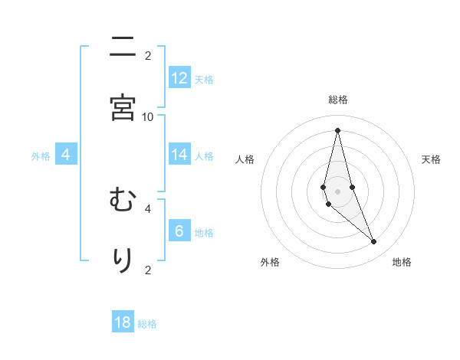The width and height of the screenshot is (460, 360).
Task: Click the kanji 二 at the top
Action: point(123,48)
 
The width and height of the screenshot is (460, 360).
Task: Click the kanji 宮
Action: point(123,108)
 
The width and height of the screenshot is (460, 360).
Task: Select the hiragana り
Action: point(123,260)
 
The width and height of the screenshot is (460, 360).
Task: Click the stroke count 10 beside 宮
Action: point(148,116)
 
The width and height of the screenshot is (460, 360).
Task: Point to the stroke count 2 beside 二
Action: point(148,55)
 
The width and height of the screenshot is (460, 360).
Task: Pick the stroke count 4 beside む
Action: point(148,208)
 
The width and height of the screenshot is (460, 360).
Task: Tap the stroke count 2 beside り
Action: point(148,269)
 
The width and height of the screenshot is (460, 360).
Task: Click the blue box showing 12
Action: point(179,78)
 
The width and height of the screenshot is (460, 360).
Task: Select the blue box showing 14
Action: point(179,155)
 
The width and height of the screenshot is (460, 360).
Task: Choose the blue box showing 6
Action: point(179,231)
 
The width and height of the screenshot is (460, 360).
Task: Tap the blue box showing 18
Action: point(123,322)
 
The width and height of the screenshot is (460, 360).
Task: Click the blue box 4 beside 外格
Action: point(66,155)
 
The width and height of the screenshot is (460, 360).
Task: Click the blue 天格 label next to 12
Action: point(204,80)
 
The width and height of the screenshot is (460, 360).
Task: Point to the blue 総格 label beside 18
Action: point(147,324)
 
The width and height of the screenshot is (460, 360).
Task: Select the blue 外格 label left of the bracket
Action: point(41,156)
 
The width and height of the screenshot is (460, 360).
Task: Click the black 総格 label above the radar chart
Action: point(338,100)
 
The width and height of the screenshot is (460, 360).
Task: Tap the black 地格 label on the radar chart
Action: point(402,263)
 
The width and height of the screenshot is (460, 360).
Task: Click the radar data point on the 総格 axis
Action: point(337,129)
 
